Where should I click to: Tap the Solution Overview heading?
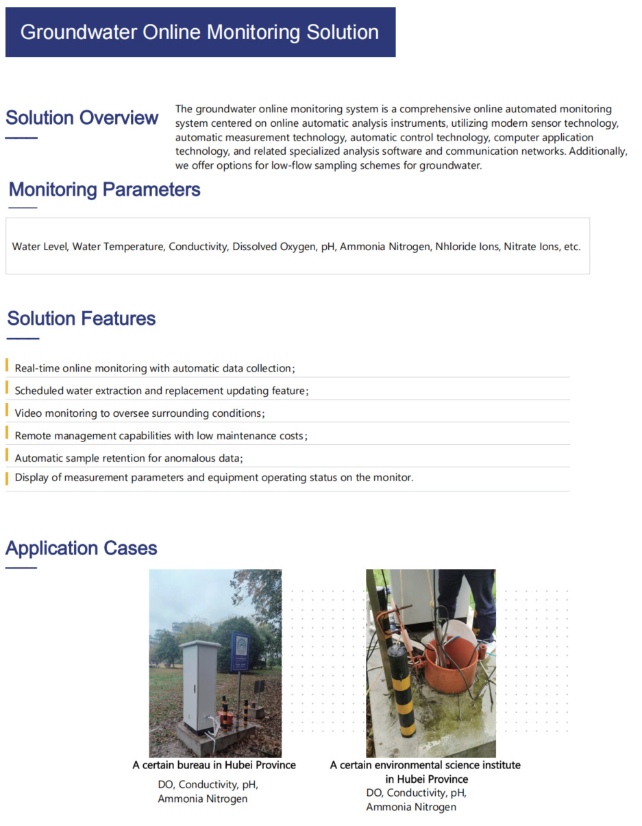pos(82,118)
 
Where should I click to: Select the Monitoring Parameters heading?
pos(104,190)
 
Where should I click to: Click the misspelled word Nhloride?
pos(454,247)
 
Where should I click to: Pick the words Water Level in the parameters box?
pos(40,247)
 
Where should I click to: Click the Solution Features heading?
pos(82,319)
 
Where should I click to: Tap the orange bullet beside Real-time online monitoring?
pos(8,365)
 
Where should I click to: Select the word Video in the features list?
pos(28,413)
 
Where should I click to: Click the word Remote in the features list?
pos(33,436)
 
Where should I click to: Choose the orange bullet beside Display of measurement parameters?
pos(8,478)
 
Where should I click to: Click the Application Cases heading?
pos(82,548)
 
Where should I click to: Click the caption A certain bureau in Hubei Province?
pos(214,765)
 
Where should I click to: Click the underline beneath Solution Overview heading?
pos(21,138)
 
